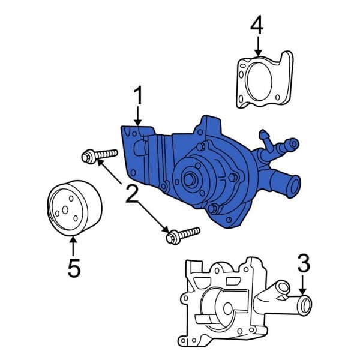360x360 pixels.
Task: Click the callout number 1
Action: click(x=139, y=96)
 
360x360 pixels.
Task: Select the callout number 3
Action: click(x=304, y=262)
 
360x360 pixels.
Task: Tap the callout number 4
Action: click(x=257, y=25)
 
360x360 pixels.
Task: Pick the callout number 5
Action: click(x=73, y=268)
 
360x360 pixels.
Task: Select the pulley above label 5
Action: click(x=73, y=207)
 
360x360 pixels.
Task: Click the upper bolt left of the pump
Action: click(x=97, y=157)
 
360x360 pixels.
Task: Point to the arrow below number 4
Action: click(x=257, y=46)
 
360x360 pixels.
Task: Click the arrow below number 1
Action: click(x=139, y=117)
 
